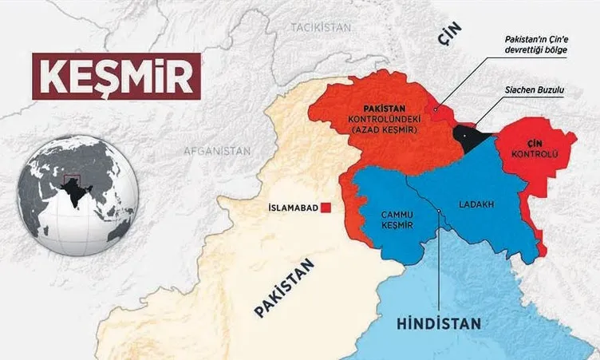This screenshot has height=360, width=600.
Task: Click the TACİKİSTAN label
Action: (x=321, y=27)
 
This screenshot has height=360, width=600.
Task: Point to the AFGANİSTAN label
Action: (x=216, y=150)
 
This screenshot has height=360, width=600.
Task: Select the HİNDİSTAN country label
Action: (x=438, y=323)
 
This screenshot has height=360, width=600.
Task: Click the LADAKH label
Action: (x=476, y=204)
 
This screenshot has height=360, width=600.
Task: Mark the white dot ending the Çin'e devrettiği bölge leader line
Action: (x=436, y=109)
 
